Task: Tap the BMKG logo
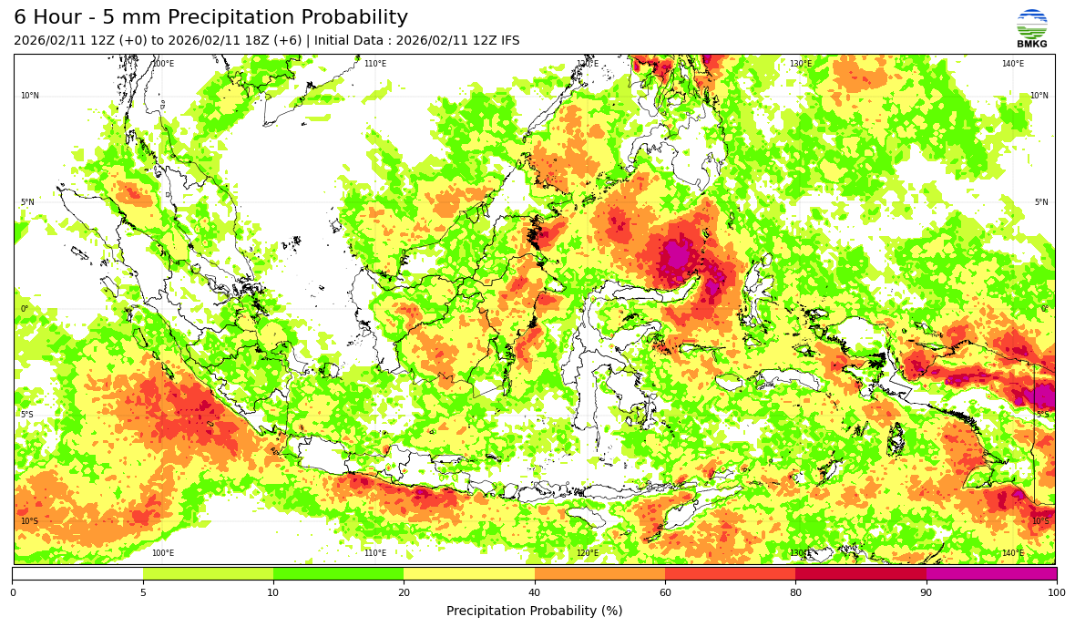(x=1032, y=28)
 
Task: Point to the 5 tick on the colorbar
(x=143, y=592)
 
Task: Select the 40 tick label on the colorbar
(x=535, y=592)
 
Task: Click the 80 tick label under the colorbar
(x=795, y=592)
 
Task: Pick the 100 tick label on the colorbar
(x=1056, y=592)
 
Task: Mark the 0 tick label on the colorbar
(x=13, y=592)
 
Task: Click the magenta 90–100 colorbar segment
(x=991, y=574)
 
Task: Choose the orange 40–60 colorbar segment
(x=599, y=574)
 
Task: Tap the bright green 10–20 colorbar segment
(x=338, y=574)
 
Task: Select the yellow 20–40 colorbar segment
(x=469, y=574)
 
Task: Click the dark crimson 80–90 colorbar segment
(x=861, y=574)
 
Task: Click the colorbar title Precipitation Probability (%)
(x=535, y=611)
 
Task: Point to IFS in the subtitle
(x=509, y=41)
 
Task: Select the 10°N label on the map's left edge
(x=30, y=96)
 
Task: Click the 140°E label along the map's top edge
(x=1012, y=64)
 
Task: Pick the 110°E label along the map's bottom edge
(x=374, y=553)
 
